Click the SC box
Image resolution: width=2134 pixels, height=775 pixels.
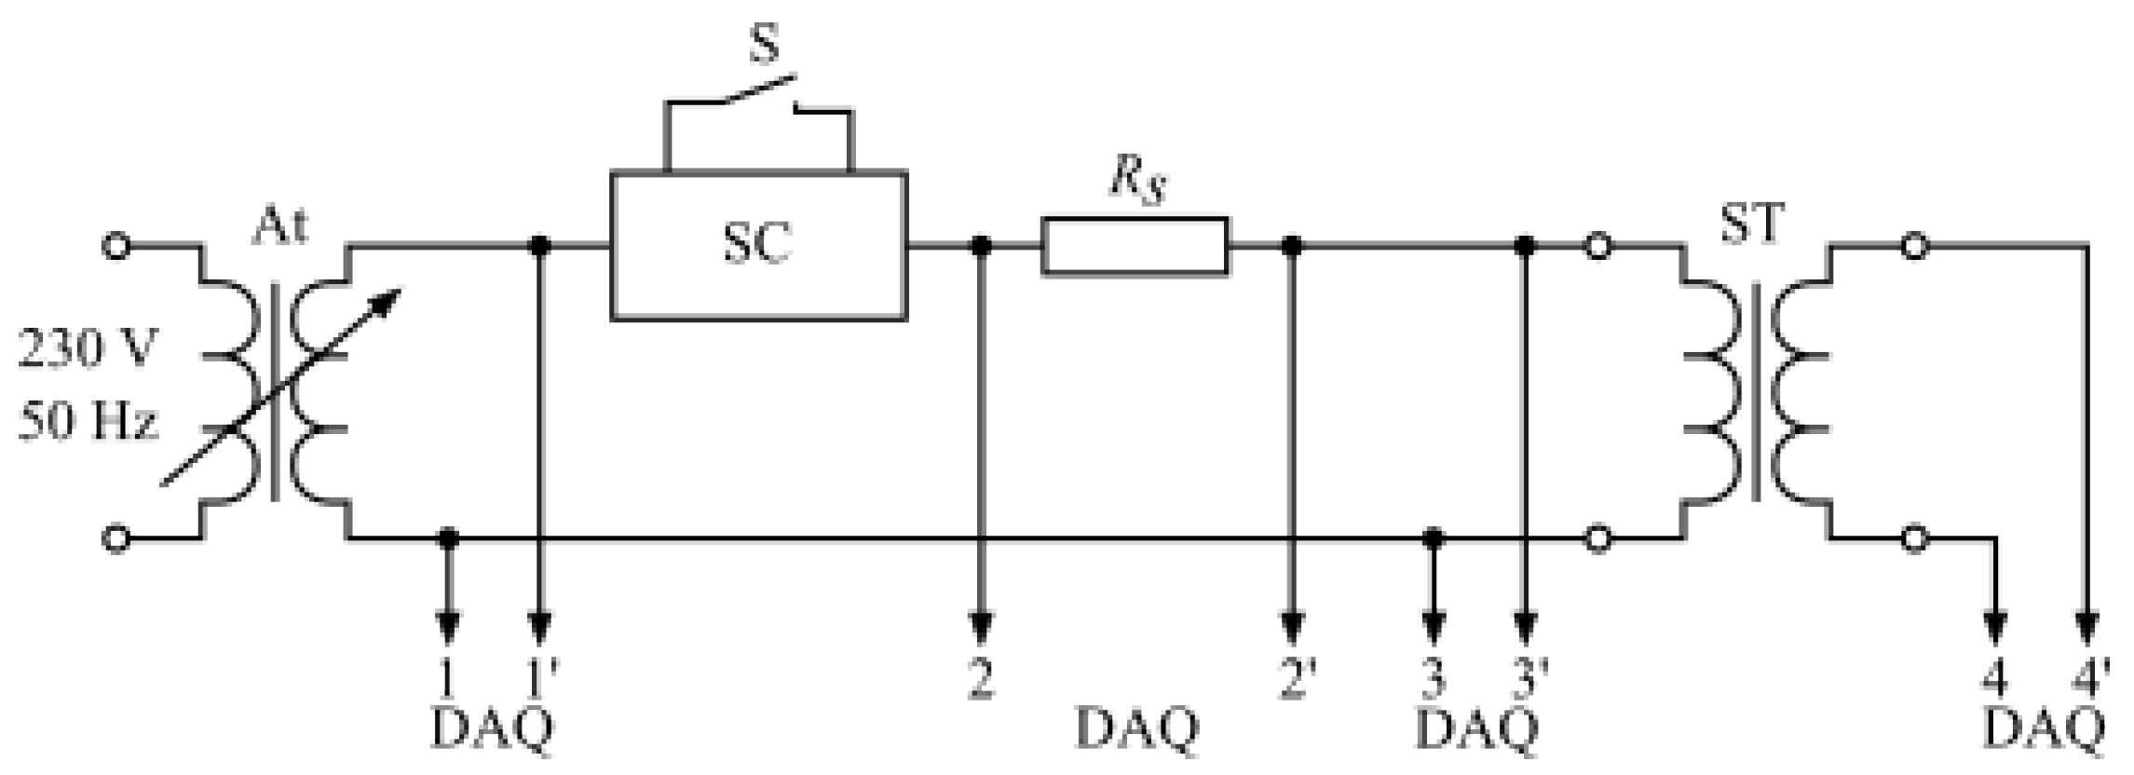(x=758, y=247)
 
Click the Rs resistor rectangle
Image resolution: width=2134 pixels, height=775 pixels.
(x=1135, y=247)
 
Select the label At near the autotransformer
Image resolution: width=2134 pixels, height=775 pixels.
(x=279, y=226)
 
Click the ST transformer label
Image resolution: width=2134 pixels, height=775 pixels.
(x=1752, y=224)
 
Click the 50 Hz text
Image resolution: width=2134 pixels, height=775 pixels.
(x=89, y=422)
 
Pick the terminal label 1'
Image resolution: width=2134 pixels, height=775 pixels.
(x=541, y=680)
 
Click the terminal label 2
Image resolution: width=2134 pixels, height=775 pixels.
(x=981, y=680)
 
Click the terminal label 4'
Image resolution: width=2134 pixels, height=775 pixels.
(x=2089, y=680)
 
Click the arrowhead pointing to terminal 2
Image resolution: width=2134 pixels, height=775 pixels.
(x=981, y=629)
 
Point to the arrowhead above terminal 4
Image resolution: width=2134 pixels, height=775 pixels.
(x=1994, y=629)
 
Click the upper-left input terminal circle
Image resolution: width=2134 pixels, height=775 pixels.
(x=116, y=247)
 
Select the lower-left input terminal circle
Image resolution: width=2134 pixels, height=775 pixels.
(x=116, y=538)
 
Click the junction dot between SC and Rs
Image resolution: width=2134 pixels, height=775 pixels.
(x=981, y=247)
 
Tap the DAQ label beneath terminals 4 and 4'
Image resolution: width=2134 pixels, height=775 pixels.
(x=2044, y=731)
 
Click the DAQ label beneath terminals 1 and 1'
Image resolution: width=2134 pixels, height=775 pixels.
(x=492, y=731)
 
